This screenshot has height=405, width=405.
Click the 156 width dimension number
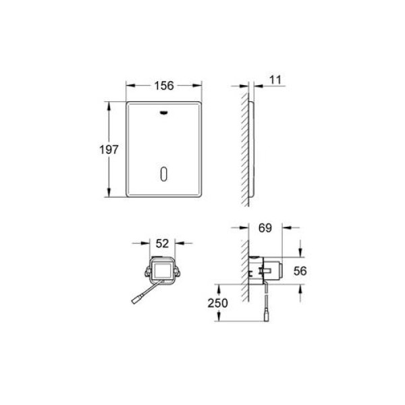[164, 86]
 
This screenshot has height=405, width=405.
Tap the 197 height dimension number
[109, 150]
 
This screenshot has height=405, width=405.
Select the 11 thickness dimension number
[275, 80]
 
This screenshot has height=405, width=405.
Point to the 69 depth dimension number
[265, 228]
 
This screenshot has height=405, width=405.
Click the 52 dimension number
[162, 243]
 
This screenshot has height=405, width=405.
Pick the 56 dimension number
[300, 271]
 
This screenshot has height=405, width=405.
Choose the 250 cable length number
[218, 303]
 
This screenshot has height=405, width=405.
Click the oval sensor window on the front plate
[164, 174]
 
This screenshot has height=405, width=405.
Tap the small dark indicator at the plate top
[164, 112]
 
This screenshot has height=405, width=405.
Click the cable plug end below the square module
[136, 300]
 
